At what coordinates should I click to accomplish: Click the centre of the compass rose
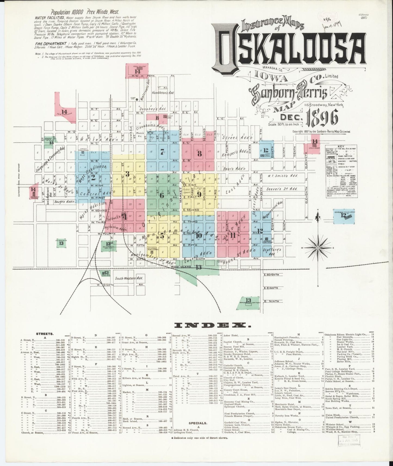(318, 248)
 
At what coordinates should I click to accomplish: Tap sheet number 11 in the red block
(233, 236)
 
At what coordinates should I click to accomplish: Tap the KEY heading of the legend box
(341, 146)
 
